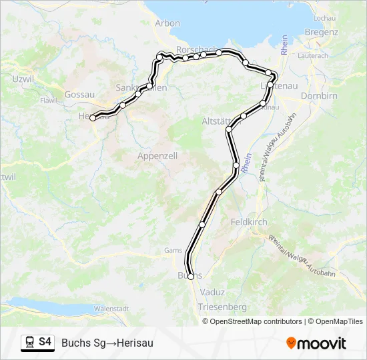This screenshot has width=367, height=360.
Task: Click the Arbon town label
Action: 167,23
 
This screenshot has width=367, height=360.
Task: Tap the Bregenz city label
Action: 316,31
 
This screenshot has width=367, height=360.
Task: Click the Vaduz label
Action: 212,292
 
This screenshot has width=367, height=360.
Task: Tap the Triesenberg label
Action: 222,307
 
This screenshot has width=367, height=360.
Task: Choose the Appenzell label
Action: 157,155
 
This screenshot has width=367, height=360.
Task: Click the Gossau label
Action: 79,95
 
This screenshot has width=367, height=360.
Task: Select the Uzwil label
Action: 23,79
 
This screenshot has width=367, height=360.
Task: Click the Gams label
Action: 173,251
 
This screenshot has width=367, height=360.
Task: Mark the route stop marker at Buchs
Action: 191,276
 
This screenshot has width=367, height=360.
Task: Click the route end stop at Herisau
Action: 93,118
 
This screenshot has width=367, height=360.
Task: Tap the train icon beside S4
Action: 29,343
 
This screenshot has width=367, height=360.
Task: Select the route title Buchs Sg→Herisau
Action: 107,343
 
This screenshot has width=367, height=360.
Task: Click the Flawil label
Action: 49,101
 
